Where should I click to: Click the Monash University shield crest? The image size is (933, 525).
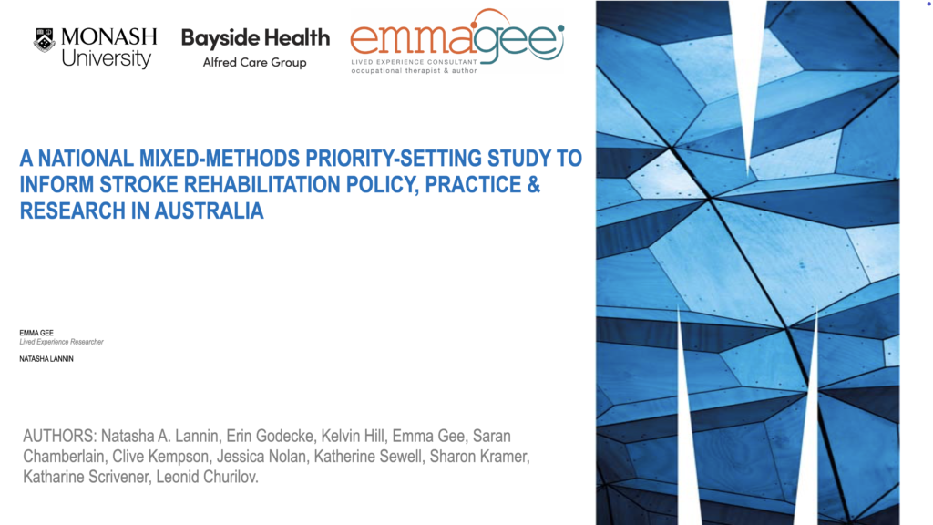[x=45, y=40]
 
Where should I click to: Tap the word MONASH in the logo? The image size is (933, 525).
[x=109, y=36]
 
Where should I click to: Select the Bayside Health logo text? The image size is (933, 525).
[x=255, y=38]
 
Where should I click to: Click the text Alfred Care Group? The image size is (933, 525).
[x=255, y=62]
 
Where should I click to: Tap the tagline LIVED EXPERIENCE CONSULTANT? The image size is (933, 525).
[x=415, y=61]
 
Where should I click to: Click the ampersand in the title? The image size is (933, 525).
[x=533, y=184]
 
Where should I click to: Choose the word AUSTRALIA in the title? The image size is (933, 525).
[x=209, y=211]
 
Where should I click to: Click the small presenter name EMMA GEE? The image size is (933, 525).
[x=36, y=333]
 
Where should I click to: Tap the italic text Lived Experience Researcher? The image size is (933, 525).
[x=61, y=342]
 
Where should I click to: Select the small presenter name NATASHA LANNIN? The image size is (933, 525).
[x=46, y=359]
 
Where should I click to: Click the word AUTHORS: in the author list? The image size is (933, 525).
[x=59, y=437]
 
